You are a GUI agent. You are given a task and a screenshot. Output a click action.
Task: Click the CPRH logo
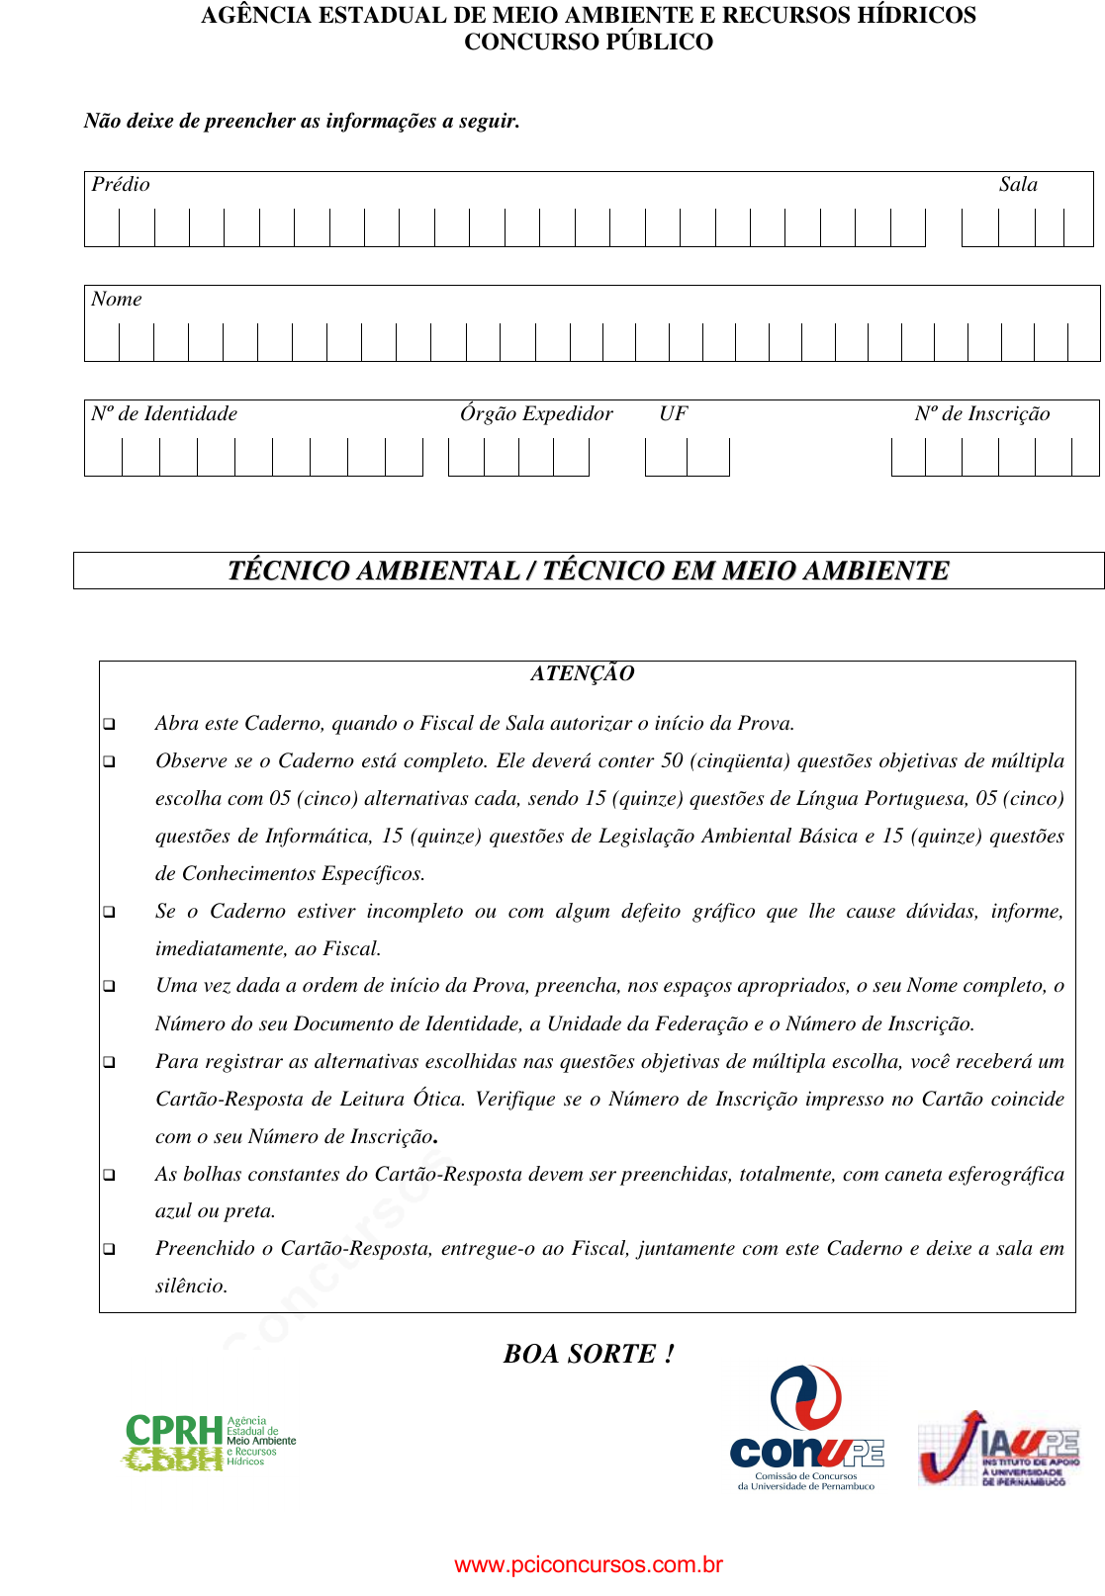tap(210, 1442)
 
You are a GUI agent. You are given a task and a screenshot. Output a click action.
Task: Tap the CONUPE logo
tap(806, 1429)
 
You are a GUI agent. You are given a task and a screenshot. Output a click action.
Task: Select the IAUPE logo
tap(997, 1449)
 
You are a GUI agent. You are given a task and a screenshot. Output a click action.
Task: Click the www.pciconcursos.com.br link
tap(589, 1564)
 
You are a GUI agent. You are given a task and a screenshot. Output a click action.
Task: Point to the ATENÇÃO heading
tap(582, 673)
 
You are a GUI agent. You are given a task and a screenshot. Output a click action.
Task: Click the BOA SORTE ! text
tap(589, 1354)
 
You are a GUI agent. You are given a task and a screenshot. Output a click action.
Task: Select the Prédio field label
tap(121, 185)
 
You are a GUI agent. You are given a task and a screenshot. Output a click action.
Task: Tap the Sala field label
tap(1018, 185)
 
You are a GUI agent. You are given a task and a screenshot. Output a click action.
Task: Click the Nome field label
tap(117, 300)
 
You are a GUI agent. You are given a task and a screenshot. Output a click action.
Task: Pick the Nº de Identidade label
tap(164, 414)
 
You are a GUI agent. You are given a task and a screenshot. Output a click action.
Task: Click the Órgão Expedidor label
tap(536, 414)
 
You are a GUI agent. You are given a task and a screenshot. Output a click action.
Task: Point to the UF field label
tap(673, 414)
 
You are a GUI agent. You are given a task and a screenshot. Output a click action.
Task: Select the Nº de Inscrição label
tap(982, 414)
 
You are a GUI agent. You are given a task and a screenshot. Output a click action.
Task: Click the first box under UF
tap(666, 457)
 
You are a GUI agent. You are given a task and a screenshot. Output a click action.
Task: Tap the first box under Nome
tap(102, 342)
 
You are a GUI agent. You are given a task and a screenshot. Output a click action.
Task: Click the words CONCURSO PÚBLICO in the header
tap(589, 43)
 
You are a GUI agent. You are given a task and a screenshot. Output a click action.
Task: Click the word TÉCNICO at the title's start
tap(288, 572)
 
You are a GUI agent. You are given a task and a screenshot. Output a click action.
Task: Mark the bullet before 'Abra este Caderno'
tap(109, 725)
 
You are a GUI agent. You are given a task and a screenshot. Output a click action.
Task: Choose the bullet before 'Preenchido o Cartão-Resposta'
tap(109, 1250)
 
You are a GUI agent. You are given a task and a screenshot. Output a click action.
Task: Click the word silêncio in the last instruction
tap(191, 1286)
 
